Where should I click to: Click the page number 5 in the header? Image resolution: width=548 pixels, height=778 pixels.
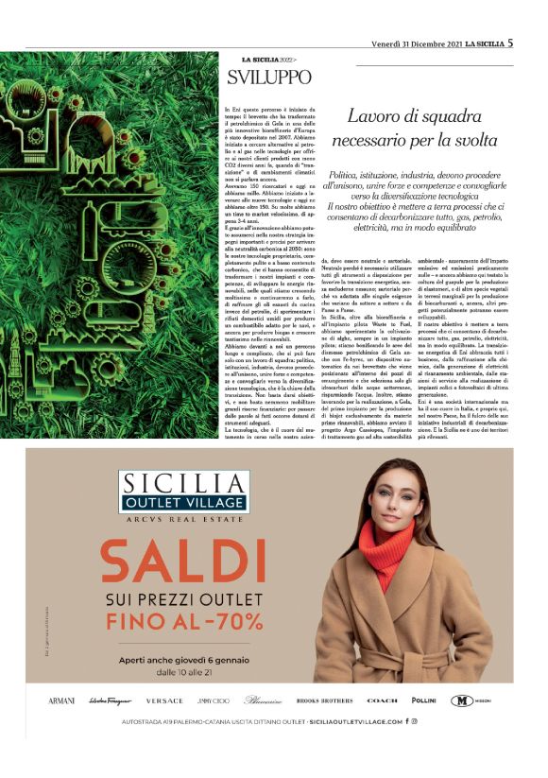510,42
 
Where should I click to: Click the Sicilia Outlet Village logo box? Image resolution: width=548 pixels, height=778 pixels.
184,491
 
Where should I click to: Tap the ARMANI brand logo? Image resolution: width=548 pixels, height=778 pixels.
60,700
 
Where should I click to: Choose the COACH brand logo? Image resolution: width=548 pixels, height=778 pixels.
382,700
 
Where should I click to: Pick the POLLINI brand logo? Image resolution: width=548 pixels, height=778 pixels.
424,700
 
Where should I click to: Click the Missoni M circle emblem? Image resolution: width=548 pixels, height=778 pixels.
460,700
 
